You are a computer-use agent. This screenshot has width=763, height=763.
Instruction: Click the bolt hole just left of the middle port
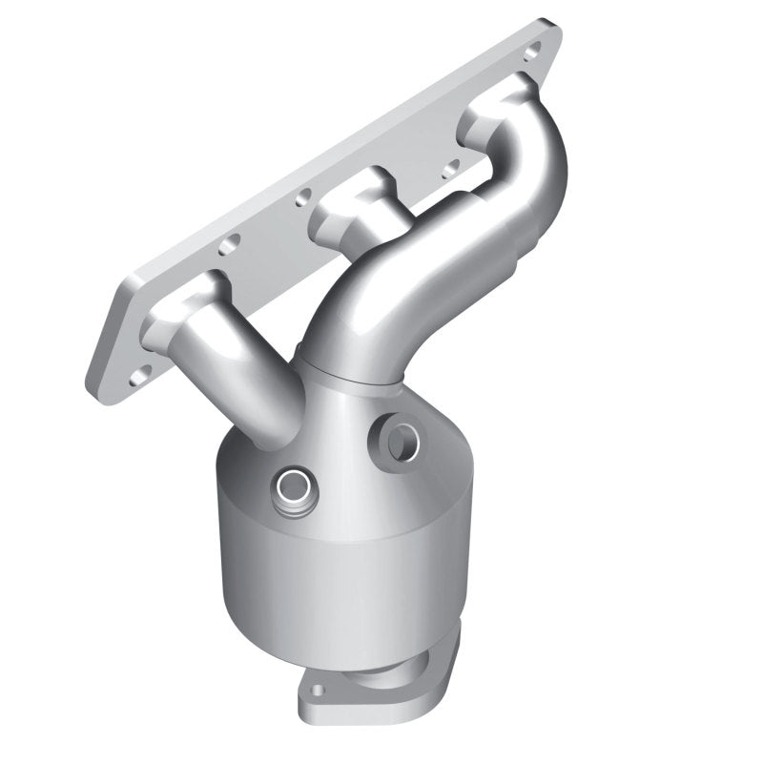303,198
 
